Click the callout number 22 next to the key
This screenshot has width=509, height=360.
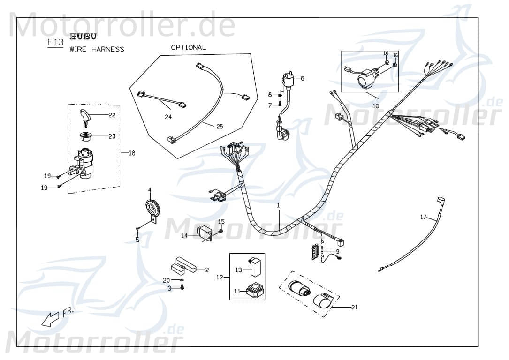(112, 115)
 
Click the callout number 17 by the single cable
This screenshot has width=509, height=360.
(423, 217)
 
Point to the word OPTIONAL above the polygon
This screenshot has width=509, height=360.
(188, 47)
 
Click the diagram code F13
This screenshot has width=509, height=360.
(55, 43)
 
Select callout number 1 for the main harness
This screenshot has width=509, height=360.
(278, 205)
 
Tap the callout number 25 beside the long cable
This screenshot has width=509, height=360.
(219, 126)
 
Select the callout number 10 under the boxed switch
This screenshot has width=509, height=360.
(376, 106)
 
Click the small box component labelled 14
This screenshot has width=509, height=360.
(205, 232)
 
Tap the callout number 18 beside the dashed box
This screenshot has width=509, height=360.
(132, 153)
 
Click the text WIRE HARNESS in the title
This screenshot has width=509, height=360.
(97, 49)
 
